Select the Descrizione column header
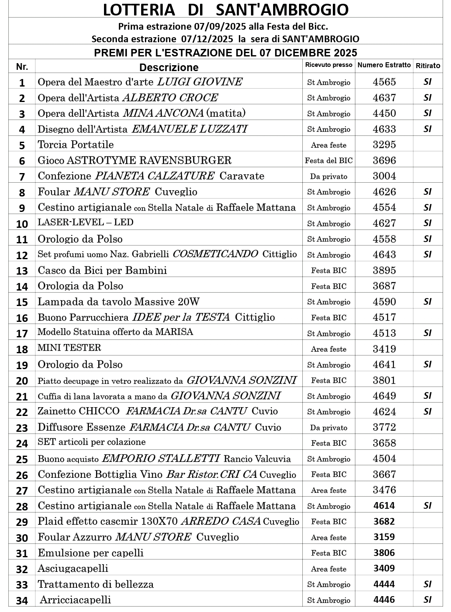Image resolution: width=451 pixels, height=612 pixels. coord(169,67)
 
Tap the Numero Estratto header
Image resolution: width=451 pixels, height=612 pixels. coord(384,65)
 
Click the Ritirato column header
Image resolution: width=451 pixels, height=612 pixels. coord(428,66)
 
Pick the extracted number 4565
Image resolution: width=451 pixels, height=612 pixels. coord(384,82)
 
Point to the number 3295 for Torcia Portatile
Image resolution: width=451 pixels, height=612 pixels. coord(384,145)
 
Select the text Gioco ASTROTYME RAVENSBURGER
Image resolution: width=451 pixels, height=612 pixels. coord(134,161)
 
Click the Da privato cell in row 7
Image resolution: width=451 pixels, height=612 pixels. coord(329,176)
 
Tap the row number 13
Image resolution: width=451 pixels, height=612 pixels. coord(22,271)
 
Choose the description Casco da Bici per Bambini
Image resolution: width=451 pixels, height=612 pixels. coord(102,270)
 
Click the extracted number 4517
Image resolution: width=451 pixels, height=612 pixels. coord(384,317)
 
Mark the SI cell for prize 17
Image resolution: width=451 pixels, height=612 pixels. coord(428,333)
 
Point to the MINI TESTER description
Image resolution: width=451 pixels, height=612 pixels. coord(69,348)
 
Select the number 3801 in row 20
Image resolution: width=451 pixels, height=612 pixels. coord(384,380)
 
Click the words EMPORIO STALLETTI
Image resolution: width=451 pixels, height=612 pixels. coord(161,459)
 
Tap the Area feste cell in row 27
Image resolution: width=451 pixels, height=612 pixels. coord(329,490)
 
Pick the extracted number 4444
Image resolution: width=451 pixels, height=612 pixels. coord(384,584)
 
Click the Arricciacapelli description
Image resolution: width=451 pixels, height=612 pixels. coord(75,600)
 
